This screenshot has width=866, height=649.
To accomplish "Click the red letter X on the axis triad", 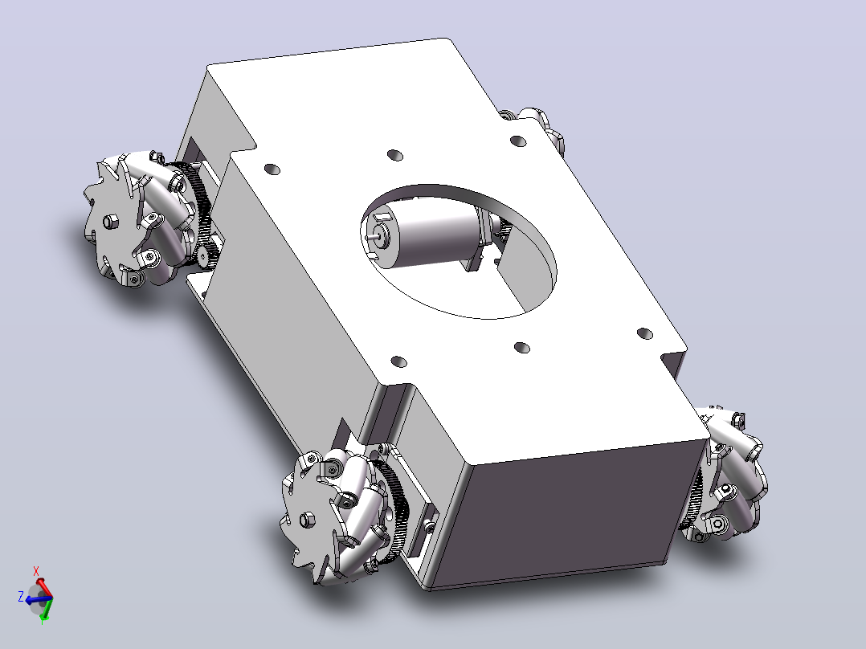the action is [36, 571].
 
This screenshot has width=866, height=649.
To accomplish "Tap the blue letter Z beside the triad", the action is [21, 597].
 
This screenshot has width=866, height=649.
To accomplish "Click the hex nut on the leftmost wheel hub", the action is [110, 222].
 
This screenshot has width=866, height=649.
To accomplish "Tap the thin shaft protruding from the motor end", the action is [378, 234].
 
